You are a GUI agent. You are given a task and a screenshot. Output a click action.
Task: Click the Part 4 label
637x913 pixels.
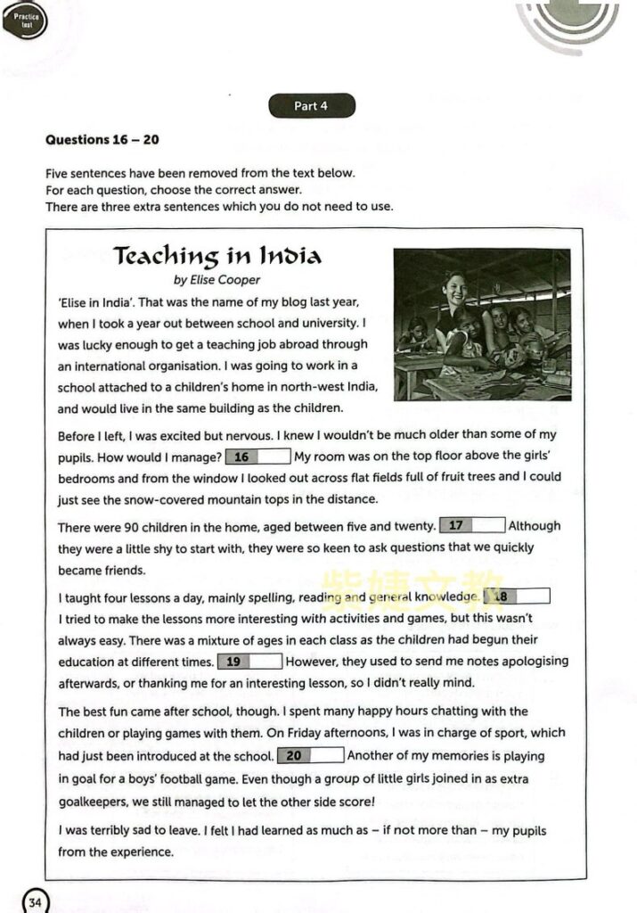[311, 106]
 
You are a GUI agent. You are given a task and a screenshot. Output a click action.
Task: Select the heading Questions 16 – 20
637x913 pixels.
[102, 140]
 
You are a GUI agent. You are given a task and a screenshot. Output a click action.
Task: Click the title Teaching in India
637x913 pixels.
[217, 257]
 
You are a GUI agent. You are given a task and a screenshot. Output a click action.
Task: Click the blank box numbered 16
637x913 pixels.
[258, 457]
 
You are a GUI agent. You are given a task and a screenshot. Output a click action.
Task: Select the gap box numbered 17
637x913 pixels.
[472, 526]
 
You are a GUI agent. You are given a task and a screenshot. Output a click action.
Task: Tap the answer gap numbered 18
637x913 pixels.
[516, 596]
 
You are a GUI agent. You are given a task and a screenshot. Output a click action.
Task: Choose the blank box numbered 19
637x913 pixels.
[249, 662]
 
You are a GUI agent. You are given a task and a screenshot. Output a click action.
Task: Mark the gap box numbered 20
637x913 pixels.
[310, 756]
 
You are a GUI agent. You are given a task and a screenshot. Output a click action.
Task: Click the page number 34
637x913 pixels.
[35, 901]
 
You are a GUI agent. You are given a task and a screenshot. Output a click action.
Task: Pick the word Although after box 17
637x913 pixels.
[535, 526]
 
